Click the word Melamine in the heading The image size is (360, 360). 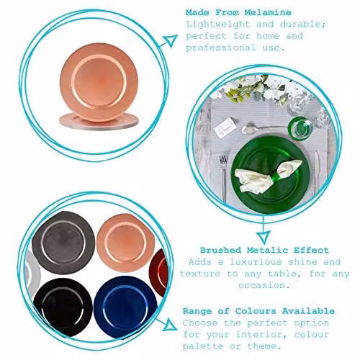pos(268,12)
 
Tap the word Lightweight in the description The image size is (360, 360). pos(218,24)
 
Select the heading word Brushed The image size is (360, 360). pos(220,251)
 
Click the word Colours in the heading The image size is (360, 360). pos(256,311)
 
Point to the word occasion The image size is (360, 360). pos(264,285)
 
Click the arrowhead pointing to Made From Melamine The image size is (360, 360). pos(171,40)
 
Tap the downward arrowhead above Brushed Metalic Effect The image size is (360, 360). pos(264,237)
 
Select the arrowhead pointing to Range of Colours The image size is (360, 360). pos(170,325)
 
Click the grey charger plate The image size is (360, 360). pos(63,243)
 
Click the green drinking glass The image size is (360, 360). pos(300,127)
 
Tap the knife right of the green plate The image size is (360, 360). pos(317,173)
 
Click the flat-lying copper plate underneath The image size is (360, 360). pos(99,122)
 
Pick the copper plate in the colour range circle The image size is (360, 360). pos(125,243)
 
